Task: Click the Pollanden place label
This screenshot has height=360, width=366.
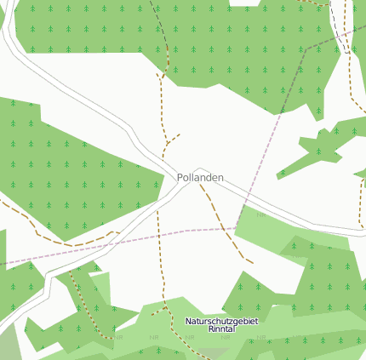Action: [x=200, y=177]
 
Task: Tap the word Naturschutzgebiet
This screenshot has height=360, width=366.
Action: [x=221, y=321]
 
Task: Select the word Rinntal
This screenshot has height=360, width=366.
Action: [x=221, y=328]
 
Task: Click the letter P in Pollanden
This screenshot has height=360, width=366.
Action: [x=180, y=177]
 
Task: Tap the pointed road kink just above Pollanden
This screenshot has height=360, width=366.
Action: [x=199, y=169]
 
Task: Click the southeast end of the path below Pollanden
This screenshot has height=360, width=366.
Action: [x=251, y=260]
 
